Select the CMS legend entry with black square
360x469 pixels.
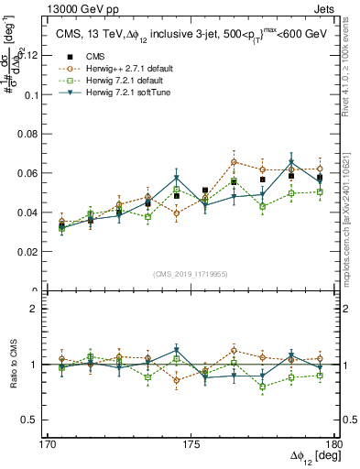(98, 58)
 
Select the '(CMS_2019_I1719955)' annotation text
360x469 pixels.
(191, 273)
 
